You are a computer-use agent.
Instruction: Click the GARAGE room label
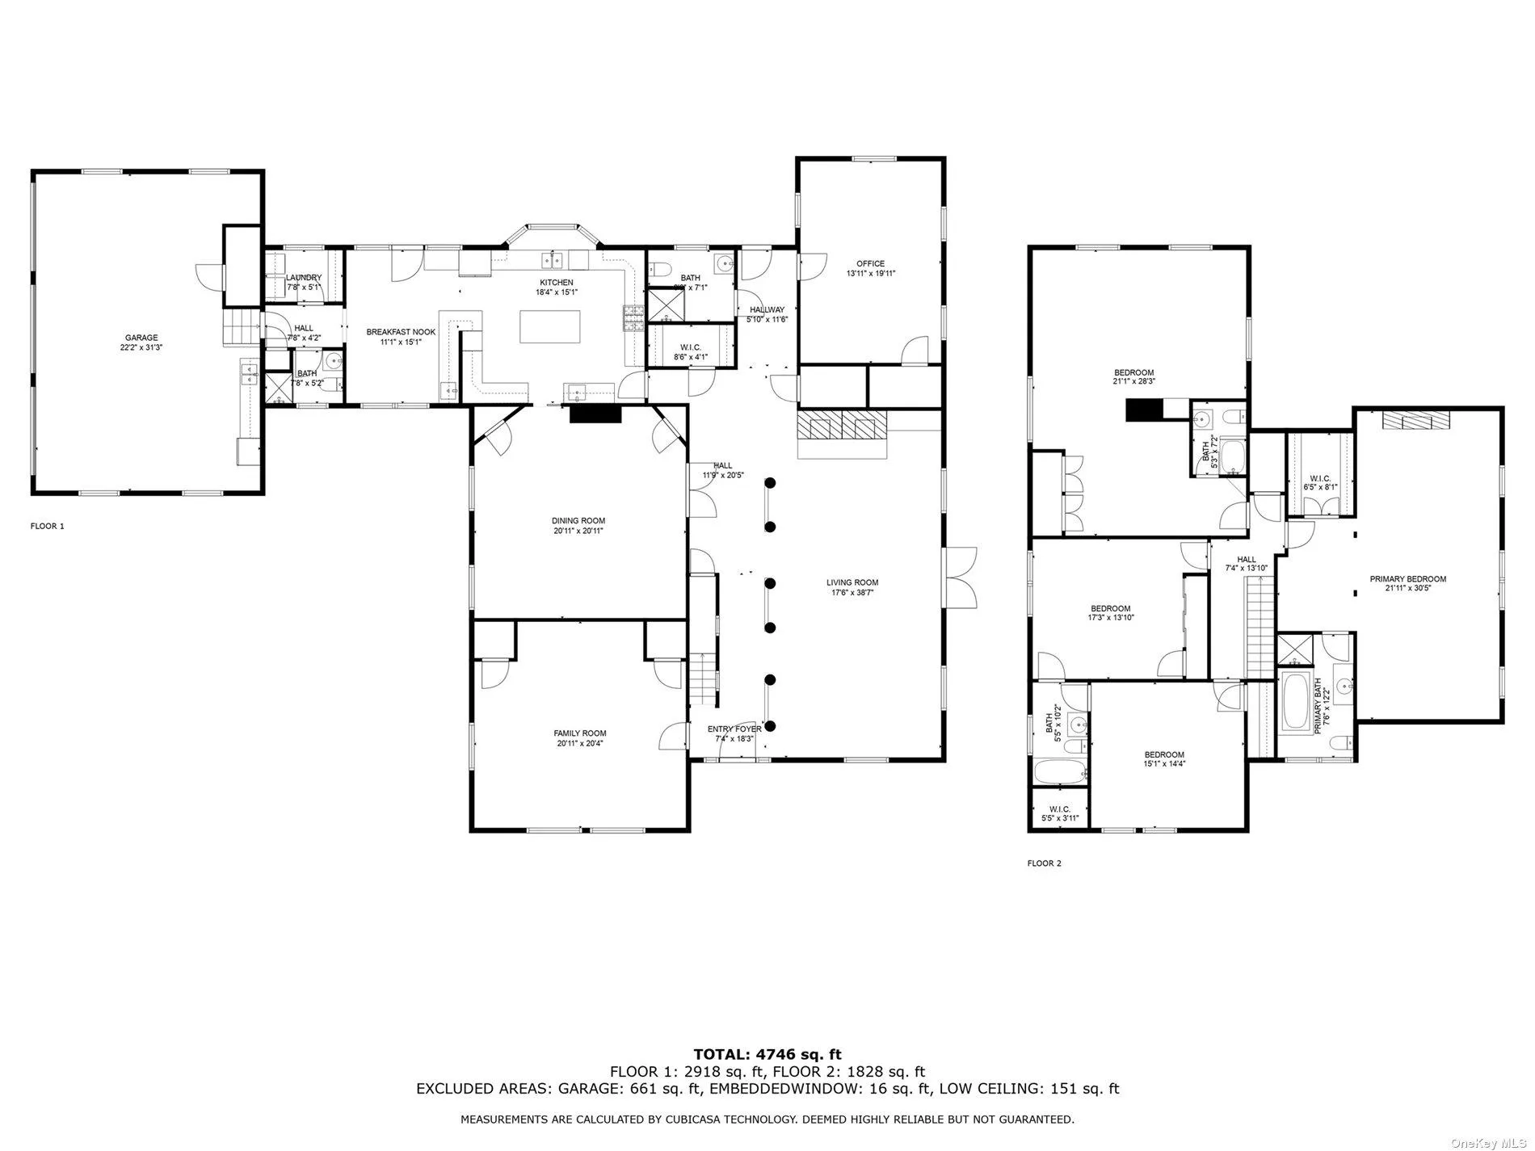click(141, 338)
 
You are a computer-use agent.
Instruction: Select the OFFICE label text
click(870, 263)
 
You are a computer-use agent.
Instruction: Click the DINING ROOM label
click(578, 521)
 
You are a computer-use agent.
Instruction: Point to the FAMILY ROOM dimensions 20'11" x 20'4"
click(578, 743)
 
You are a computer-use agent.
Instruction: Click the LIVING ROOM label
click(852, 582)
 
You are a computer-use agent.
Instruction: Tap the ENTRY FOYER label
click(734, 729)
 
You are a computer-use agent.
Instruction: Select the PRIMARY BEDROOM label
click(1407, 579)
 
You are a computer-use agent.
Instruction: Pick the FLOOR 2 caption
click(1044, 863)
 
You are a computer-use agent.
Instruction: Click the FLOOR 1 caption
click(47, 526)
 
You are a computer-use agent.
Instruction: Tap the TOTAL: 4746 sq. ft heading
click(767, 1054)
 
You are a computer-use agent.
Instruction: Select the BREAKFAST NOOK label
click(401, 332)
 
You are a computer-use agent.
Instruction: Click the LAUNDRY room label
click(304, 278)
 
